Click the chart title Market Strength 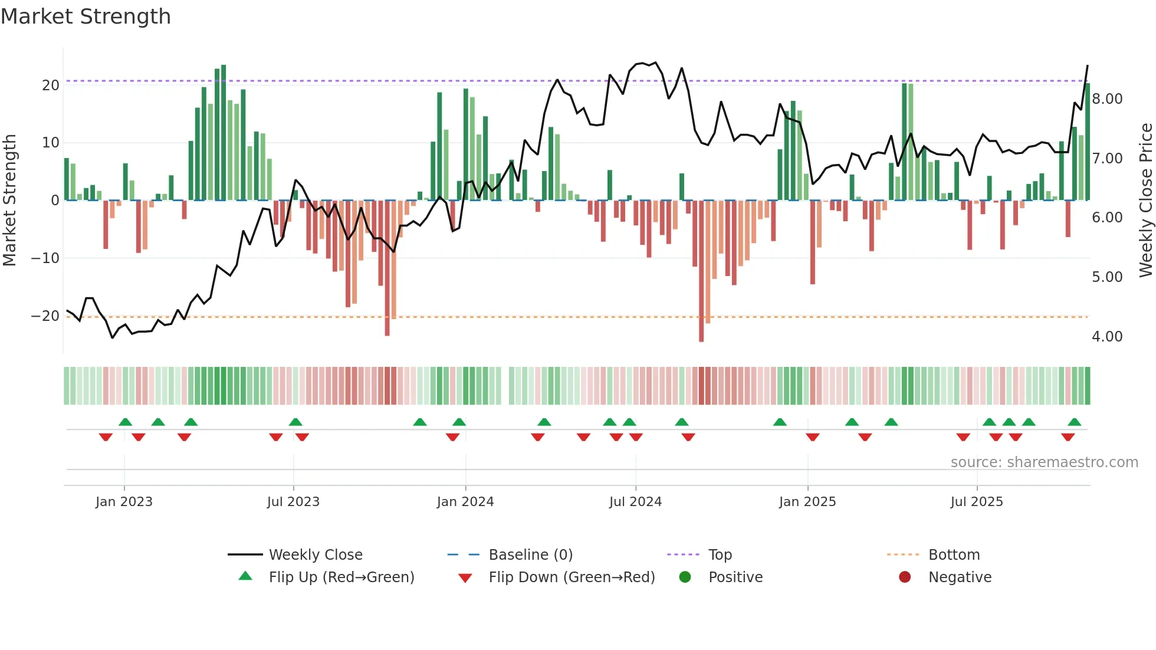(86, 17)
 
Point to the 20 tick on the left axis (51, 86)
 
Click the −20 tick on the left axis (45, 316)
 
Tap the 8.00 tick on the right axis (1107, 99)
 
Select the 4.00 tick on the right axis (1107, 337)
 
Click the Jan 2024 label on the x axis (465, 502)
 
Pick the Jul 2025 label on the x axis (976, 502)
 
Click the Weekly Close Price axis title (1145, 201)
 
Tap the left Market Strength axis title (9, 201)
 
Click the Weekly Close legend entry (316, 555)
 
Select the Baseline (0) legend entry (530, 555)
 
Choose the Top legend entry (720, 555)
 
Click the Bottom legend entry (954, 555)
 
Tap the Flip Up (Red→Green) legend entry (341, 577)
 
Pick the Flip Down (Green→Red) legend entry (572, 577)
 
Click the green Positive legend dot (685, 577)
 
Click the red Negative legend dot (904, 577)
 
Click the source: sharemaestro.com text (1044, 462)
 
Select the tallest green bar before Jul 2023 (224, 133)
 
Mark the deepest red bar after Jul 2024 (701, 271)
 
